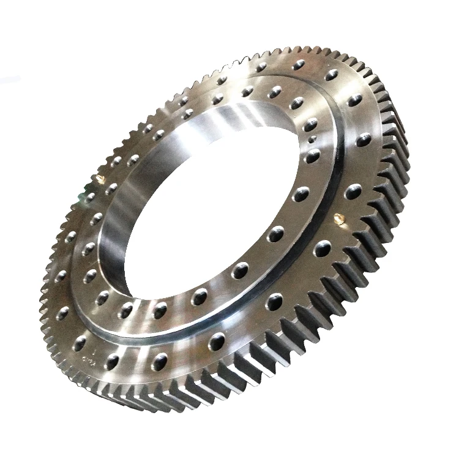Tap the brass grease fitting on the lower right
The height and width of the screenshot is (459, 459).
click(x=338, y=218)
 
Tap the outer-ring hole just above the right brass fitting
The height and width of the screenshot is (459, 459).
click(x=353, y=191)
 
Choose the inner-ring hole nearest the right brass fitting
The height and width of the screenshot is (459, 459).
click(x=301, y=194)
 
